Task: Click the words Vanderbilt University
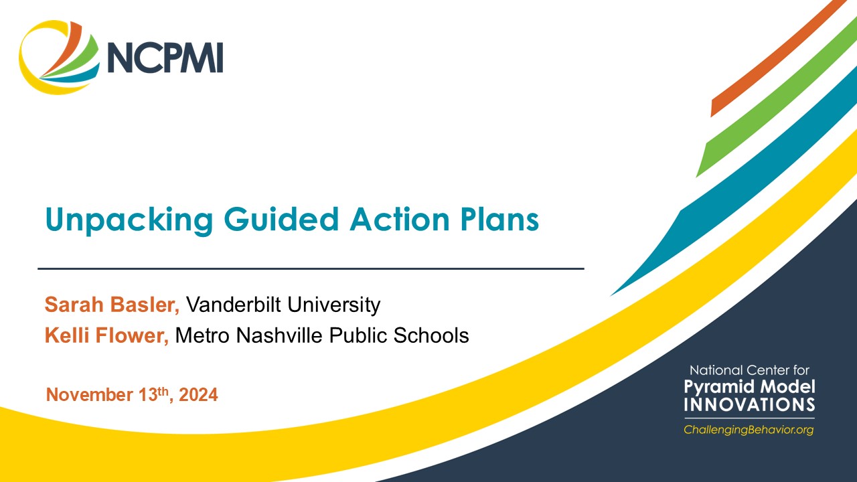[x=283, y=305]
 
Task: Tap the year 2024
[x=199, y=395]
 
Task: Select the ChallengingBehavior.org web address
[x=749, y=430]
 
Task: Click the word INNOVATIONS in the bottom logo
[x=749, y=405]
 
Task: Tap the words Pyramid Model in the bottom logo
[x=749, y=387]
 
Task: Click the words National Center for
[x=749, y=370]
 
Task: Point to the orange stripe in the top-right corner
[x=777, y=60]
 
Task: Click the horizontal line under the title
[x=311, y=268]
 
